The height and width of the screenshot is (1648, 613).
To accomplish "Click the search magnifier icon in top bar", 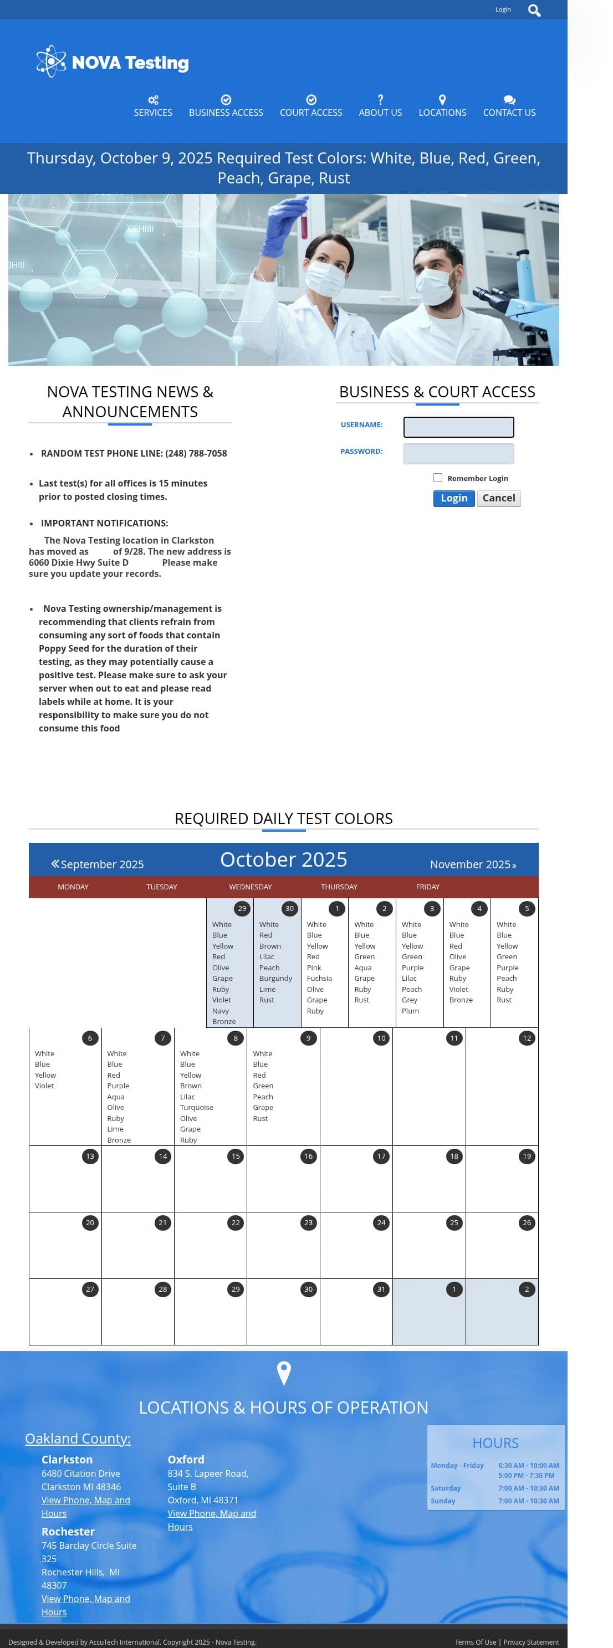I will (534, 10).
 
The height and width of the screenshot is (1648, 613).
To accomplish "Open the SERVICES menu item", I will (153, 106).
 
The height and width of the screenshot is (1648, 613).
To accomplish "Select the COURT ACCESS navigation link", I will (311, 106).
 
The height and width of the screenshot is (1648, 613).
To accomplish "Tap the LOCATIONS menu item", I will (442, 106).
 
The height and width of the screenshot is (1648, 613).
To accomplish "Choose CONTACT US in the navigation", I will (509, 106).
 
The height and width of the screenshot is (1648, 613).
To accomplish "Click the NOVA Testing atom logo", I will (51, 62).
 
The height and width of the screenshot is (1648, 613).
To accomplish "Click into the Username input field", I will (458, 427).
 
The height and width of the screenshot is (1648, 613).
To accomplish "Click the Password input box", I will (458, 454).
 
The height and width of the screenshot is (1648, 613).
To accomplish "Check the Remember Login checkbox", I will (438, 477).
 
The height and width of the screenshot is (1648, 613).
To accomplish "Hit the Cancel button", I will (498, 498).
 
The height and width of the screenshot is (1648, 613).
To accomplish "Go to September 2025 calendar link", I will (98, 864).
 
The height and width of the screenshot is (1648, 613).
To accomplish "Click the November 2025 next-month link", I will (472, 864).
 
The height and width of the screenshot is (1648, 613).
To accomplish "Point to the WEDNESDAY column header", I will (250, 886).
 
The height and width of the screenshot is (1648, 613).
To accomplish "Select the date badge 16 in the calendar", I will (308, 1155).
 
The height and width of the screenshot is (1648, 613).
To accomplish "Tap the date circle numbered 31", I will (381, 1288).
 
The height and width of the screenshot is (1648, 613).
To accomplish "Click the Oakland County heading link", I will (78, 1437).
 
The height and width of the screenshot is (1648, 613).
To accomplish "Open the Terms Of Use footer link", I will (475, 1641).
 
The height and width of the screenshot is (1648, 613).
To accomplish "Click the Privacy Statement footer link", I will (530, 1641).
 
